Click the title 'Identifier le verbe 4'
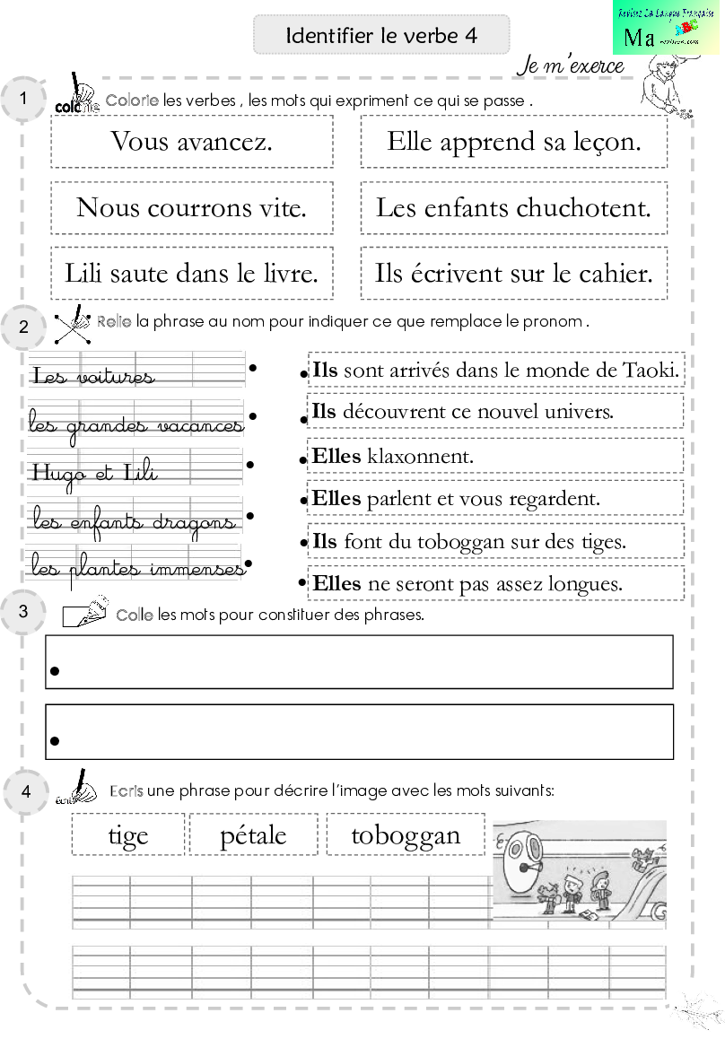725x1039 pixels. (x=381, y=36)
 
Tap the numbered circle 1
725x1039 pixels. (x=23, y=99)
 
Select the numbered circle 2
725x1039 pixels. (x=23, y=327)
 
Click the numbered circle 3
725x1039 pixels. (x=23, y=613)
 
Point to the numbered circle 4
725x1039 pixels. (x=25, y=792)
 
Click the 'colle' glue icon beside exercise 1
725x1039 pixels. (x=77, y=92)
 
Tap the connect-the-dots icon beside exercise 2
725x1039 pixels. (x=74, y=325)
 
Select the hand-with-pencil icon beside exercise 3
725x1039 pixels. (x=85, y=610)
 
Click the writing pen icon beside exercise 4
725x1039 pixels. (x=77, y=787)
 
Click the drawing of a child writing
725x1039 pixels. (x=665, y=86)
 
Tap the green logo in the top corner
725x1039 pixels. (x=666, y=27)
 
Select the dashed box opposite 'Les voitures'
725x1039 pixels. (x=496, y=370)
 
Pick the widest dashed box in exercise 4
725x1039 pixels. (x=406, y=834)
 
